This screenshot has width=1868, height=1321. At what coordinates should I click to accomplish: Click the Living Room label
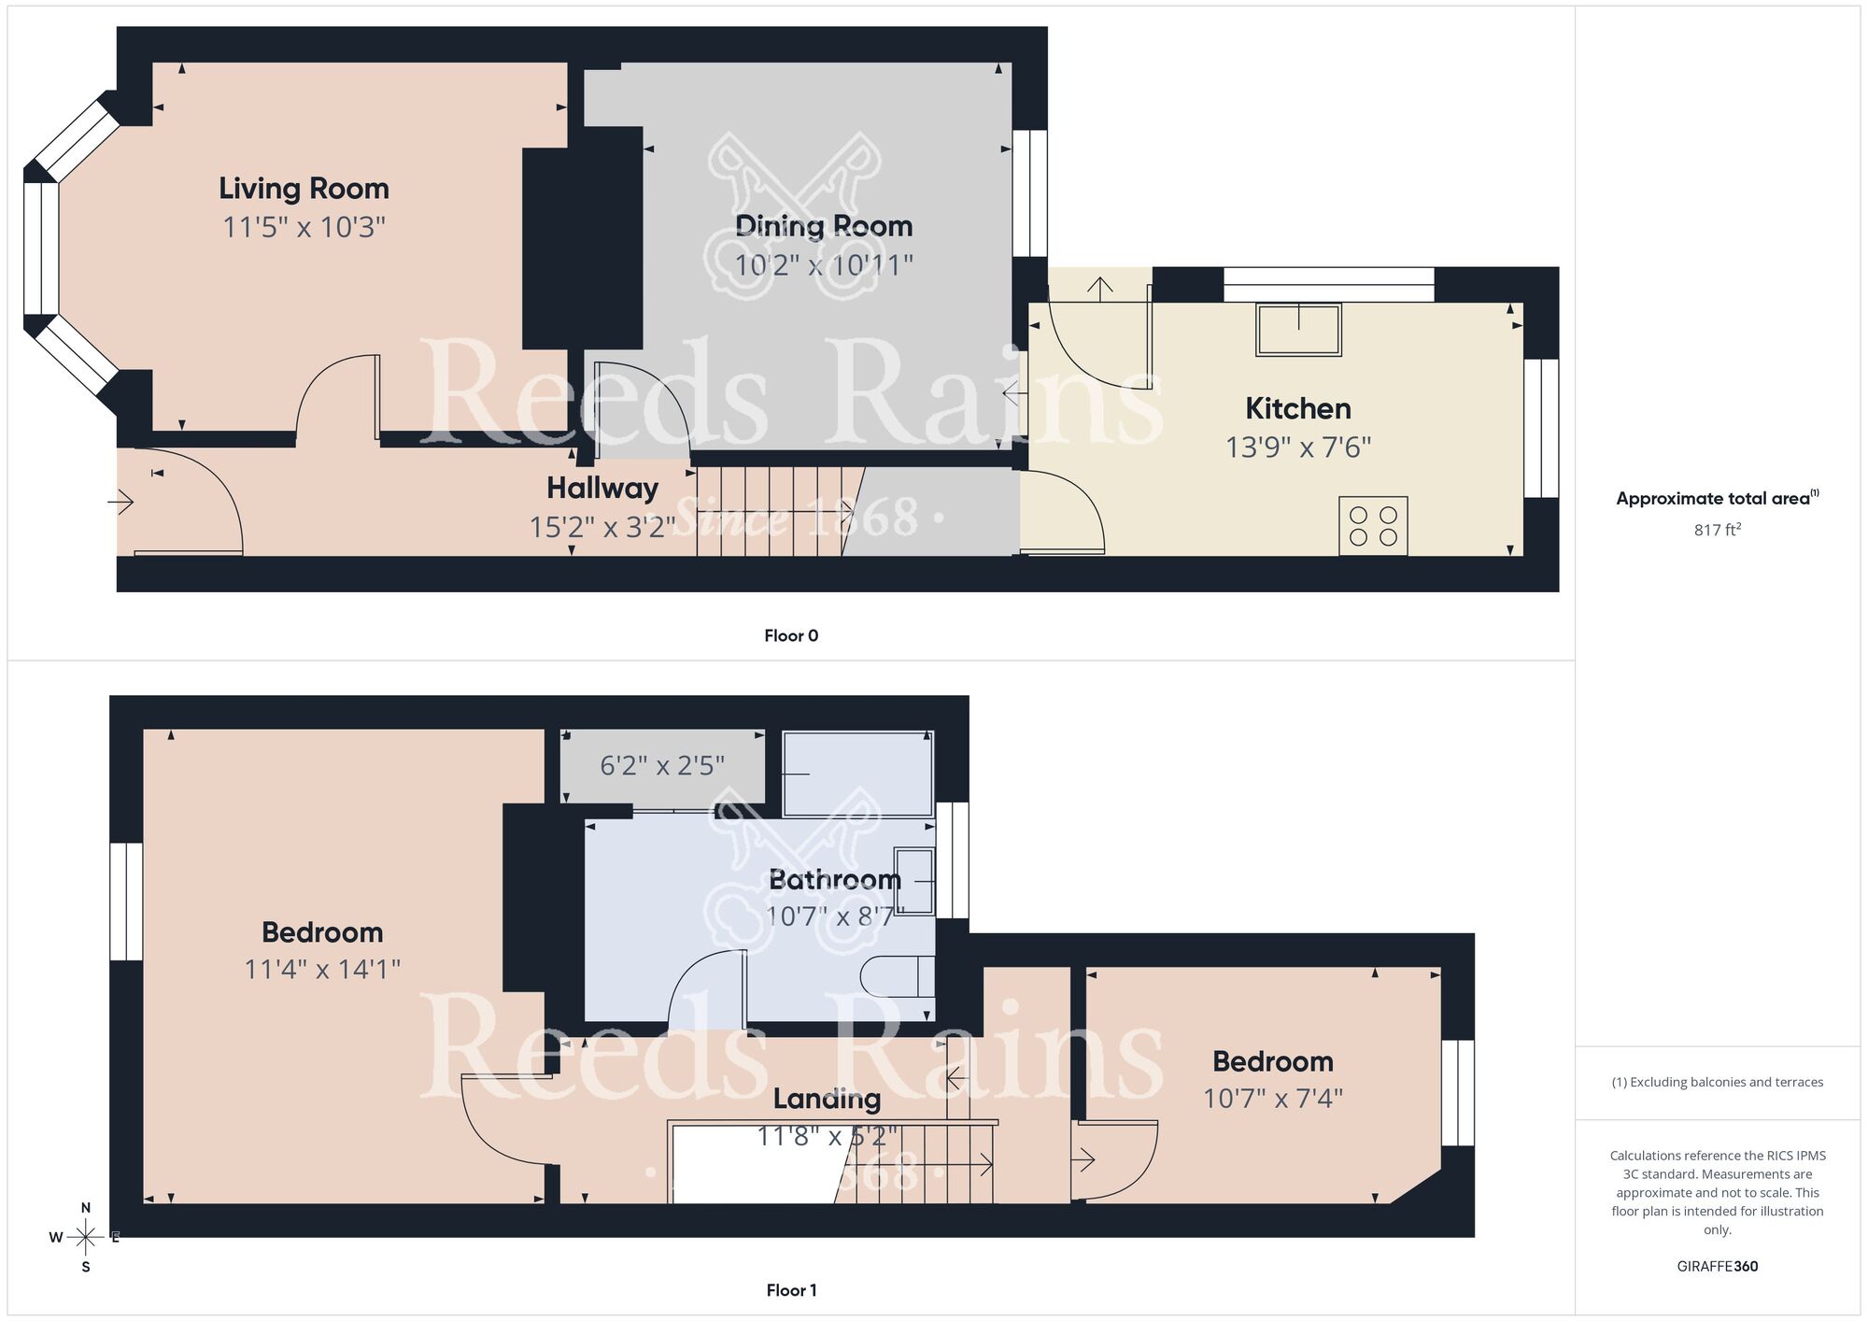(304, 189)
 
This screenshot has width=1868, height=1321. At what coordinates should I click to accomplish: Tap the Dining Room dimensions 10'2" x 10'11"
(823, 265)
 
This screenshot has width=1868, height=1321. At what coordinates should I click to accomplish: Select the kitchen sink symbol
(1298, 330)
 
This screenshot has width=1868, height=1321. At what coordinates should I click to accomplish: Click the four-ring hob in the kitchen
(1373, 526)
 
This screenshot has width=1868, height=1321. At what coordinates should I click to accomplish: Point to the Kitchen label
(1297, 408)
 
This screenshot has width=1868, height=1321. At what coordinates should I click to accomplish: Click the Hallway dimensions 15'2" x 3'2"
(601, 527)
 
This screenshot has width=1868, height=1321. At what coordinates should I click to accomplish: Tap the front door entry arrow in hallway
(121, 503)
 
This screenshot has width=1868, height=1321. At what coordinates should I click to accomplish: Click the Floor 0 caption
(790, 635)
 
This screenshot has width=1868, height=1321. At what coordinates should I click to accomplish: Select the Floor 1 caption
(790, 1290)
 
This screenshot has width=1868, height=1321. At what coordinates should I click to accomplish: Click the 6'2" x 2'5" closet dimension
(661, 766)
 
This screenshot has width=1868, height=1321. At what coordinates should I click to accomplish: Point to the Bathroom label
(834, 879)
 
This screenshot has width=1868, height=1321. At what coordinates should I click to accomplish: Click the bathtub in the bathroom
(856, 774)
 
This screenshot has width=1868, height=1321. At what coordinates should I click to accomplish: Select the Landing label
(827, 1099)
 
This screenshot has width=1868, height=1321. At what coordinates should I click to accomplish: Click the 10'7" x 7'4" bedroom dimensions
(1272, 1098)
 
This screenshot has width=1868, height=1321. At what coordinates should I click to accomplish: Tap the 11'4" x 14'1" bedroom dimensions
(322, 969)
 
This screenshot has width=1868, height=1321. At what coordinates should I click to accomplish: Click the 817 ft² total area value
(1717, 530)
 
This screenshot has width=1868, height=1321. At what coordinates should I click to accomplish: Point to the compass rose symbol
(85, 1238)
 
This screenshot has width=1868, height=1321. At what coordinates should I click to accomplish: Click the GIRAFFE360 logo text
(1717, 1266)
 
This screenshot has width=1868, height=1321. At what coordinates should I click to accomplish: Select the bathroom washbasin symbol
(913, 880)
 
